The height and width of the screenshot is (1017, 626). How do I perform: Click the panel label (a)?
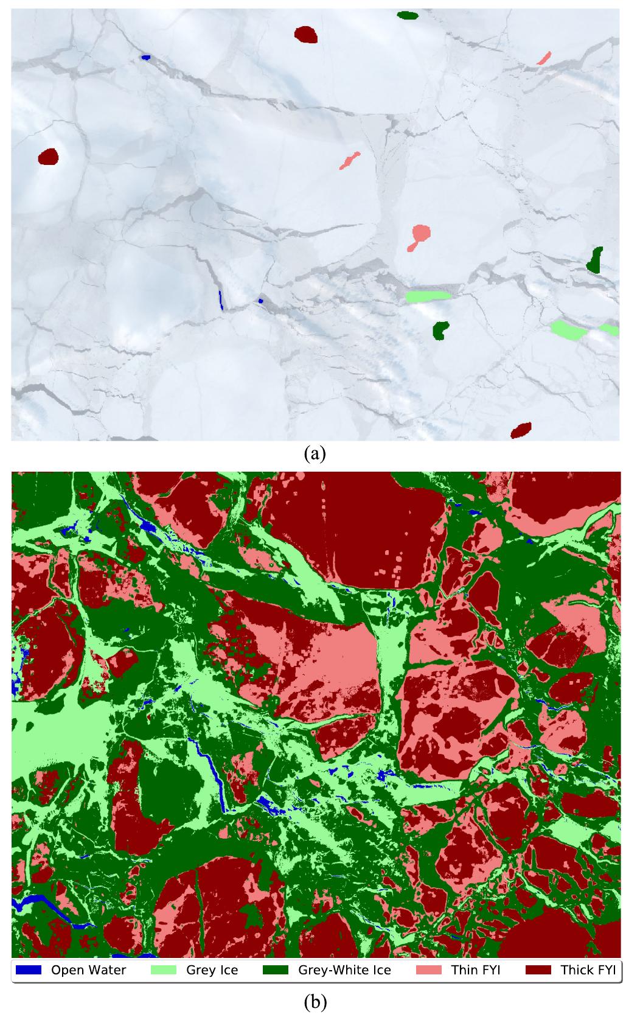(313, 453)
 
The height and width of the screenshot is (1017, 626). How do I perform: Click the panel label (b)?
(313, 1001)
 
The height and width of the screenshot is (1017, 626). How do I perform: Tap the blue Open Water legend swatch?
(28, 970)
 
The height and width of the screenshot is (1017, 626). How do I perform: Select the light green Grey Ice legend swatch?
(164, 970)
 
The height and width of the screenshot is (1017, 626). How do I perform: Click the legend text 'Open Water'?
(88, 970)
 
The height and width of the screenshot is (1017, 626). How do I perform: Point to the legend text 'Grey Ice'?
(212, 970)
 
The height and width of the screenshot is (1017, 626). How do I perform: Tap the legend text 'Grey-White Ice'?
(344, 970)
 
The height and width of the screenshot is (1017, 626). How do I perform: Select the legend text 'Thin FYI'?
(476, 970)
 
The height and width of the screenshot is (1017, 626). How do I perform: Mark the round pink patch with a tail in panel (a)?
(420, 234)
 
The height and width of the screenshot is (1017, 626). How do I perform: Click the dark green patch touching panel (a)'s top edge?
(407, 15)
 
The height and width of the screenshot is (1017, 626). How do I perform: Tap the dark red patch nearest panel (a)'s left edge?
(47, 157)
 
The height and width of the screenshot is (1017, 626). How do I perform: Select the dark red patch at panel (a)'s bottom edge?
(521, 430)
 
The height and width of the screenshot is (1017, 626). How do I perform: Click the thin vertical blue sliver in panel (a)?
(221, 299)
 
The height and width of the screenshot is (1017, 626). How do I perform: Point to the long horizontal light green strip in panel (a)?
(428, 296)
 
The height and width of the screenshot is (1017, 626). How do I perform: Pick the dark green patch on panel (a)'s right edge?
(595, 260)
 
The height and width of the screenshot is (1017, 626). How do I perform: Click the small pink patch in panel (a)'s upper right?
(544, 58)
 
